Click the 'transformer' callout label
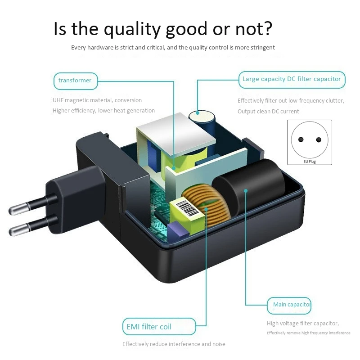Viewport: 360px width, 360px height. (75, 81)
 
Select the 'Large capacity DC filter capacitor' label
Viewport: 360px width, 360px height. (292, 79)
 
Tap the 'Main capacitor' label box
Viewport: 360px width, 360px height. (289, 305)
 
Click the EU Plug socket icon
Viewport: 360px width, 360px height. (309, 139)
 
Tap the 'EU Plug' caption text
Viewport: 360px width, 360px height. (310, 161)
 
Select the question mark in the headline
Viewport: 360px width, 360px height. (266, 29)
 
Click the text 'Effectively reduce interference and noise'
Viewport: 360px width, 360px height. (174, 344)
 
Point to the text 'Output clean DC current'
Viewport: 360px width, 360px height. (268, 112)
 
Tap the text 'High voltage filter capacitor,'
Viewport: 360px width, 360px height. (303, 324)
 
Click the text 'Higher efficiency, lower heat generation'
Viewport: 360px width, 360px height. (103, 111)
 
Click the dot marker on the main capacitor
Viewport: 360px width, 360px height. (246, 191)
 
